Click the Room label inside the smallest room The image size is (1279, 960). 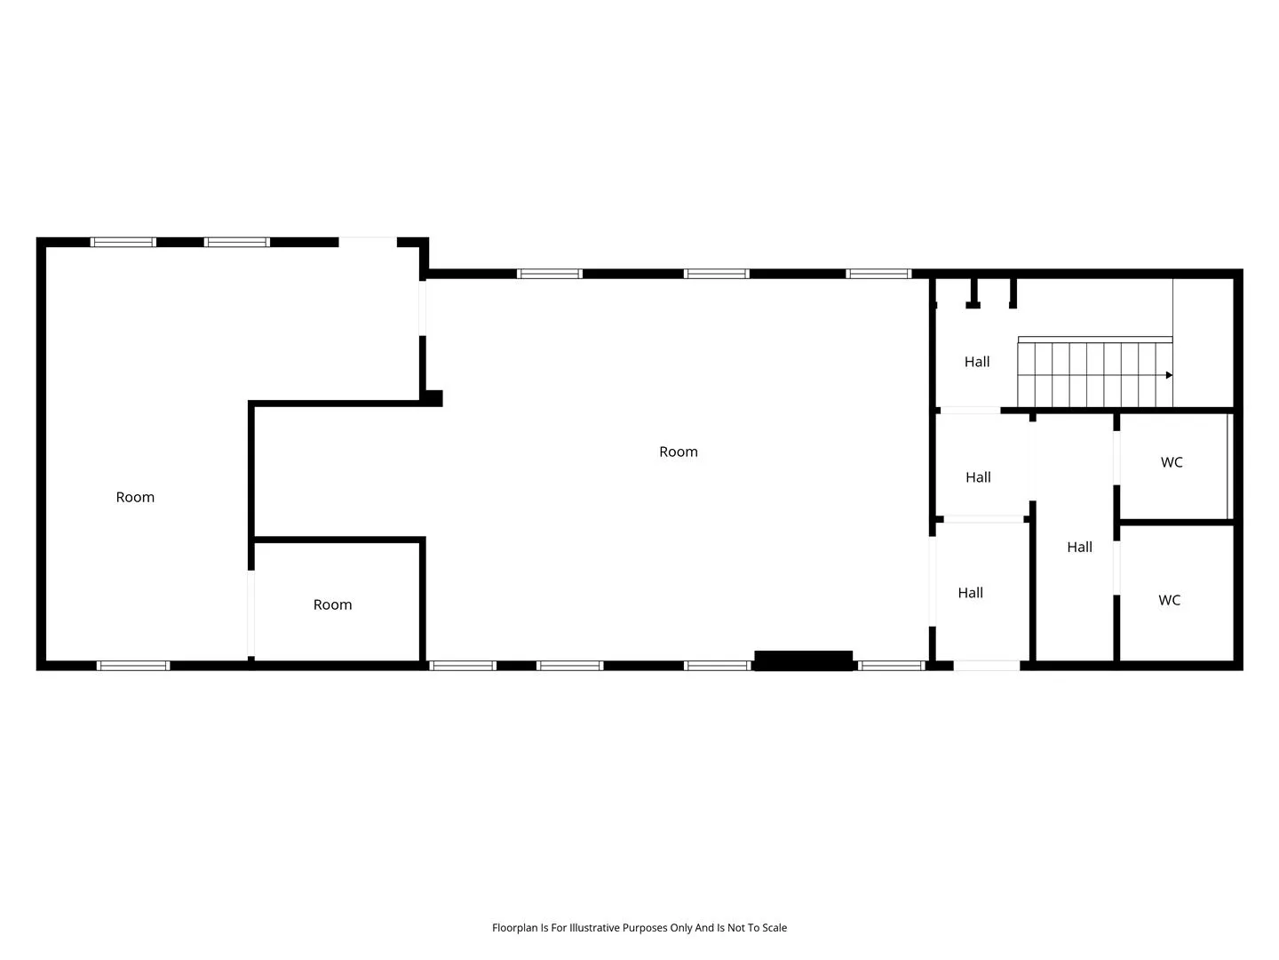332,604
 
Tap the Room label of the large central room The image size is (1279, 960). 679,452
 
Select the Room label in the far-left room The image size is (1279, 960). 135,497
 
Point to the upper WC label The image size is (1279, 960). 1172,462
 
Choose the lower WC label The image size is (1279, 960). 1169,600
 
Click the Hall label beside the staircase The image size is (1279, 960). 977,362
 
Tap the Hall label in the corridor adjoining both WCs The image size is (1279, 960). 1079,547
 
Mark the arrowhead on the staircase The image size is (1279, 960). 1168,375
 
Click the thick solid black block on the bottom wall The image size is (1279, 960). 803,660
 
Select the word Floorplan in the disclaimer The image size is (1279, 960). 515,927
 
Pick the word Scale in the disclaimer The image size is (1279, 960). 774,927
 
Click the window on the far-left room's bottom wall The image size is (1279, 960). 133,666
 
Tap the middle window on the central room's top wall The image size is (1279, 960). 716,274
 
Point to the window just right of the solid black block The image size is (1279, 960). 891,666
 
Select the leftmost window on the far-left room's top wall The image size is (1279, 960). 123,243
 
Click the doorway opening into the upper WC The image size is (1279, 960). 1116,458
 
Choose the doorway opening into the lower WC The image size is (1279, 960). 1116,568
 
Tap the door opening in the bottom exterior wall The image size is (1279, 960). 987,666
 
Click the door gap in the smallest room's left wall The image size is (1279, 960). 251,613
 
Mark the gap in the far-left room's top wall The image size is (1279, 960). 368,243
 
